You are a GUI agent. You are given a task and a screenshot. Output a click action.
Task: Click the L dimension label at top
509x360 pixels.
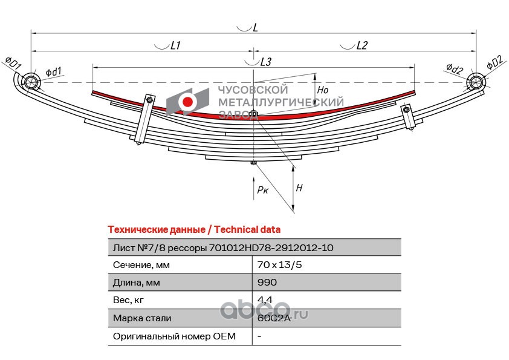click(255, 28)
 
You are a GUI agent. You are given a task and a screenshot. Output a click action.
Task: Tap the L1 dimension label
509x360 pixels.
click(175, 45)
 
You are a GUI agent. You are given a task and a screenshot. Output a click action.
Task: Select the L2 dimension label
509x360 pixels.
click(361, 45)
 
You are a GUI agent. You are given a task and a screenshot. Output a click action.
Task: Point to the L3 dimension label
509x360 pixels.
click(266, 62)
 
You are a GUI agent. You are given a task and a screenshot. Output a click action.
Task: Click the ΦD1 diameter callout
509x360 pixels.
click(13, 62)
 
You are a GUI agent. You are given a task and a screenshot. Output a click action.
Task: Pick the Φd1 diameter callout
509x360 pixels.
click(54, 71)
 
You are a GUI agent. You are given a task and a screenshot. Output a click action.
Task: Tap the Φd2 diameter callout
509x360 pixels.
click(455, 68)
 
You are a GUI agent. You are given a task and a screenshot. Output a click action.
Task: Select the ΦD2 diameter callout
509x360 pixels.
click(495, 62)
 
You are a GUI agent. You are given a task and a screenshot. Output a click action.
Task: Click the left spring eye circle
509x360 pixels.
click(31, 81)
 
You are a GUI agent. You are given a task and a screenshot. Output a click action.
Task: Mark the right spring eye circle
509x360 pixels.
click(476, 81)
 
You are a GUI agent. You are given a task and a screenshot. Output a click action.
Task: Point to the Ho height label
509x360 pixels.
click(323, 90)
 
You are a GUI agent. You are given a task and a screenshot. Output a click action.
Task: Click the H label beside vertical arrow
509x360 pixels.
click(299, 188)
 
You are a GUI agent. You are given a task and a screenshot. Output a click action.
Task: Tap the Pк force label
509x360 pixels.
click(262, 190)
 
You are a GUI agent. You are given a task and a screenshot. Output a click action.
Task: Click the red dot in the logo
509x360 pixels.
click(187, 102)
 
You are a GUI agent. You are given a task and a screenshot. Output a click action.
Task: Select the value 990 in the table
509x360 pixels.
click(267, 282)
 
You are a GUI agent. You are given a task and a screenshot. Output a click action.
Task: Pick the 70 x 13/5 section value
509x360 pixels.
click(279, 265)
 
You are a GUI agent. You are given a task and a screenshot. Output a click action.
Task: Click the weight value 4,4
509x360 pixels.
click(265, 299)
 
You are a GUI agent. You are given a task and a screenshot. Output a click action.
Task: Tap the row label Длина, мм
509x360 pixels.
click(137, 283)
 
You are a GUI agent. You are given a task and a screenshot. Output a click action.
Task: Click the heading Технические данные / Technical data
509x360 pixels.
click(194, 230)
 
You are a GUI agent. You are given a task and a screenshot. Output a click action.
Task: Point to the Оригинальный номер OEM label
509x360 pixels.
click(174, 336)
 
